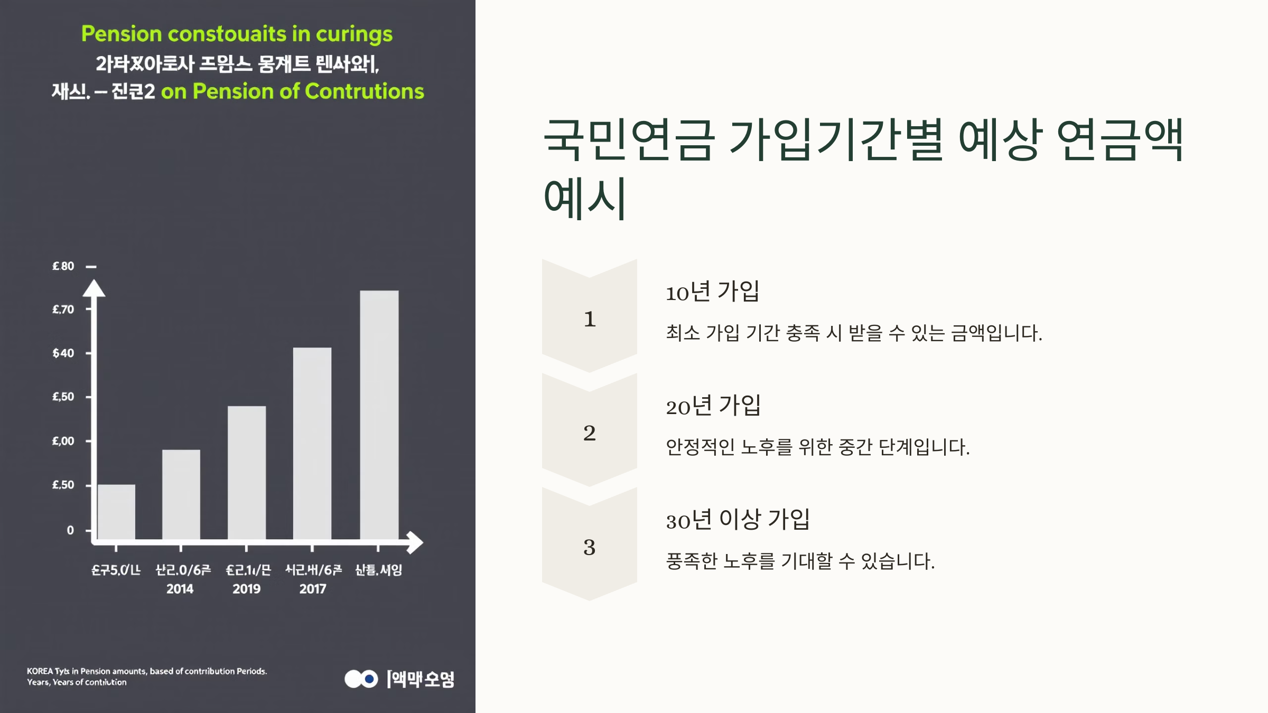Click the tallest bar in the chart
click(x=379, y=415)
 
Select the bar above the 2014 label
click(x=181, y=494)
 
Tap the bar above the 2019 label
click(x=247, y=472)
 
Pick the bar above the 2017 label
click(x=312, y=443)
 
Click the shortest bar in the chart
click(x=116, y=511)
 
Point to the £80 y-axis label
click(x=63, y=266)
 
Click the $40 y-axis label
click(x=63, y=353)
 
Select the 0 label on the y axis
click(x=70, y=530)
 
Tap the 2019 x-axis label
click(x=247, y=589)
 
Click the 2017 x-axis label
click(x=313, y=589)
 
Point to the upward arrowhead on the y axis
click(x=94, y=288)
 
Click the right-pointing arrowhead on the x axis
click(x=414, y=542)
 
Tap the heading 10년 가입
click(x=712, y=292)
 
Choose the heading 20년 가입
click(x=713, y=406)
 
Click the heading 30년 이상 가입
click(x=738, y=520)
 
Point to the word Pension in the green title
click(x=121, y=34)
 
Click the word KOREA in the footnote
click(x=40, y=671)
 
